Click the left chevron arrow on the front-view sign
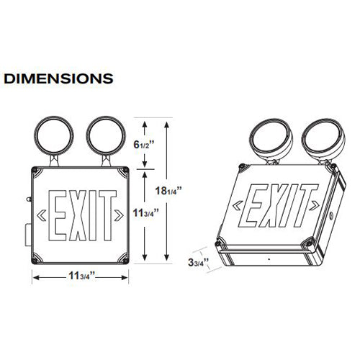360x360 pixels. coord(42,215)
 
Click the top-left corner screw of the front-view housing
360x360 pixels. coord(36,170)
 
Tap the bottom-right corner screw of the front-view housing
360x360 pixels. coord(126,260)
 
